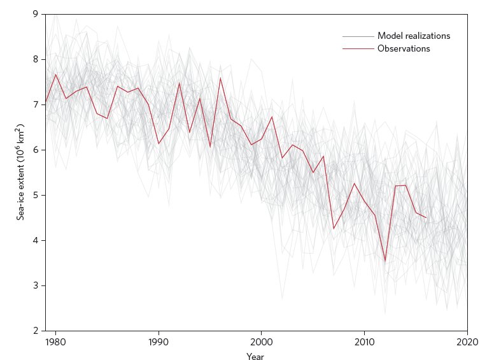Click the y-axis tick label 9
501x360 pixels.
coord(35,14)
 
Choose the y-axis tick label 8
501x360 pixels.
coord(35,59)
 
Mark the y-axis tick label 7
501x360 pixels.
coord(35,104)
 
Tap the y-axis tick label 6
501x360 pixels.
coord(35,150)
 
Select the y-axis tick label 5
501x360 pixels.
coord(35,195)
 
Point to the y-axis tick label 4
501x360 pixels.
coord(35,240)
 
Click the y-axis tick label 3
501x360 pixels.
coord(35,285)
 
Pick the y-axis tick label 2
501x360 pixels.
coord(35,331)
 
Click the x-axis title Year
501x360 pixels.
coord(255,357)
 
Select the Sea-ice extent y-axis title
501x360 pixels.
coord(21,173)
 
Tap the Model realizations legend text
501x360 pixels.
coord(413,36)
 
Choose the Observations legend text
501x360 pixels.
coord(404,48)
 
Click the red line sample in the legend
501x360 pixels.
coord(358,48)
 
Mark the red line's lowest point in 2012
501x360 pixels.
coord(385,261)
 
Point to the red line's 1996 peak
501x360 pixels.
coord(220,78)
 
